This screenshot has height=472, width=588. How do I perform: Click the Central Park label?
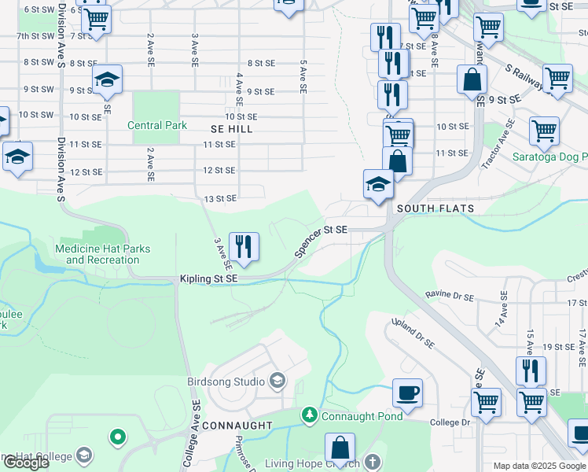click(157, 125)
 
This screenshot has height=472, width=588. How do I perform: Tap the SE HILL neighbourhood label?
click(232, 128)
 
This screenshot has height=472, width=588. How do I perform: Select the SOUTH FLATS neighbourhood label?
click(435, 208)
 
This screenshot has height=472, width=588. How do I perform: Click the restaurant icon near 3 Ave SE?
click(244, 246)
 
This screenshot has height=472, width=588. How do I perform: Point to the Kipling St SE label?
click(208, 279)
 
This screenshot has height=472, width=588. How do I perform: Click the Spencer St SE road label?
click(321, 242)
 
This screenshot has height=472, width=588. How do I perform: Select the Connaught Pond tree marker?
click(311, 415)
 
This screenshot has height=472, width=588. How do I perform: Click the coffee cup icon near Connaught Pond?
click(407, 393)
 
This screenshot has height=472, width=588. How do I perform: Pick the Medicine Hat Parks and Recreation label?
click(102, 254)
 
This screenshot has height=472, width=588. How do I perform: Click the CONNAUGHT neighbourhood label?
click(237, 426)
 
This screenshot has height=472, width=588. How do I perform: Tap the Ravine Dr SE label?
click(450, 297)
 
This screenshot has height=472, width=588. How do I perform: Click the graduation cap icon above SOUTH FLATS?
click(378, 186)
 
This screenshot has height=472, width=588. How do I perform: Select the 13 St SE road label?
click(220, 199)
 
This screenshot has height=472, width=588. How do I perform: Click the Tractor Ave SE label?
click(498, 145)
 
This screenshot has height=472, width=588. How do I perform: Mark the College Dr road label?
click(450, 422)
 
